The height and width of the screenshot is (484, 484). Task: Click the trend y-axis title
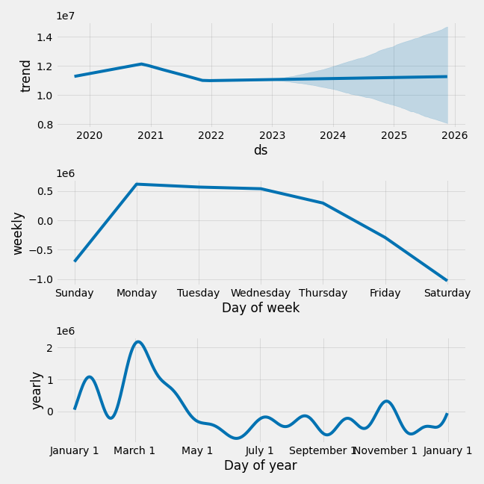(x=26, y=75)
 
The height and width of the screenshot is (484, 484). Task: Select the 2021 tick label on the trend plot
(x=150, y=135)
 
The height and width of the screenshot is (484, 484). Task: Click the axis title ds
(x=261, y=150)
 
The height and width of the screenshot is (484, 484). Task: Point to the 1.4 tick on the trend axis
(x=44, y=37)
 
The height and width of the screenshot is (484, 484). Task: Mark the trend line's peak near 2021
(x=142, y=64)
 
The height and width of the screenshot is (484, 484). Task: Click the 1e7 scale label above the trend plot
(x=65, y=16)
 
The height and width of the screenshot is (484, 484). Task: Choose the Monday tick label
(x=137, y=293)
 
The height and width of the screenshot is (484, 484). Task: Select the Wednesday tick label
(x=261, y=293)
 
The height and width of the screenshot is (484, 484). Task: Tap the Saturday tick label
(x=447, y=293)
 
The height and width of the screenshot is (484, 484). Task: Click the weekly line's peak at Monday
(x=137, y=184)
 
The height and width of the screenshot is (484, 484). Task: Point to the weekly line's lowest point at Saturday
(x=447, y=280)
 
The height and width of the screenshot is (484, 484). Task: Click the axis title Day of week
(x=261, y=308)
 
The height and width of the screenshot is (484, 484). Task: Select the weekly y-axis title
(x=19, y=233)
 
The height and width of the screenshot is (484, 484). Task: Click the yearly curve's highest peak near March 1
(x=138, y=342)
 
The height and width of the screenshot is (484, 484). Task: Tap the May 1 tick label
(x=197, y=450)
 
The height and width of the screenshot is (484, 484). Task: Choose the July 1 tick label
(x=260, y=450)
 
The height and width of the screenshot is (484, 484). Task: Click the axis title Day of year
(x=261, y=465)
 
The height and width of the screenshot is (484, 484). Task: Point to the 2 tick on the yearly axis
(x=49, y=348)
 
